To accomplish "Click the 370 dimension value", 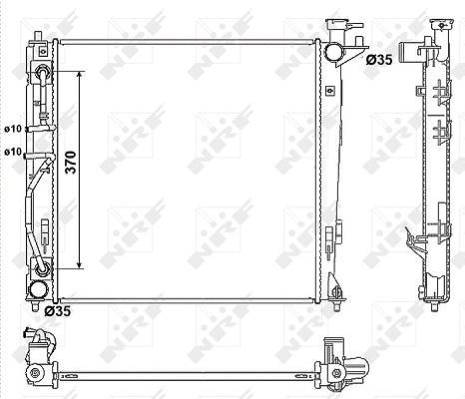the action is pyautogui.click(x=72, y=163).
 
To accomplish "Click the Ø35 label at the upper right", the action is pyautogui.click(x=379, y=60).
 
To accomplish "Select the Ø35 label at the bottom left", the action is pyautogui.click(x=58, y=311).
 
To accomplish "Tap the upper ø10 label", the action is pyautogui.click(x=13, y=129).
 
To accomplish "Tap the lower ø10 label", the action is pyautogui.click(x=13, y=152).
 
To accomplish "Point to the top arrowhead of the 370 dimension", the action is pyautogui.click(x=79, y=75).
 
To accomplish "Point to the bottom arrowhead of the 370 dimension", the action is pyautogui.click(x=79, y=264).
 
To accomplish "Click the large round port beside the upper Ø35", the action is pyautogui.click(x=333, y=52).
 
